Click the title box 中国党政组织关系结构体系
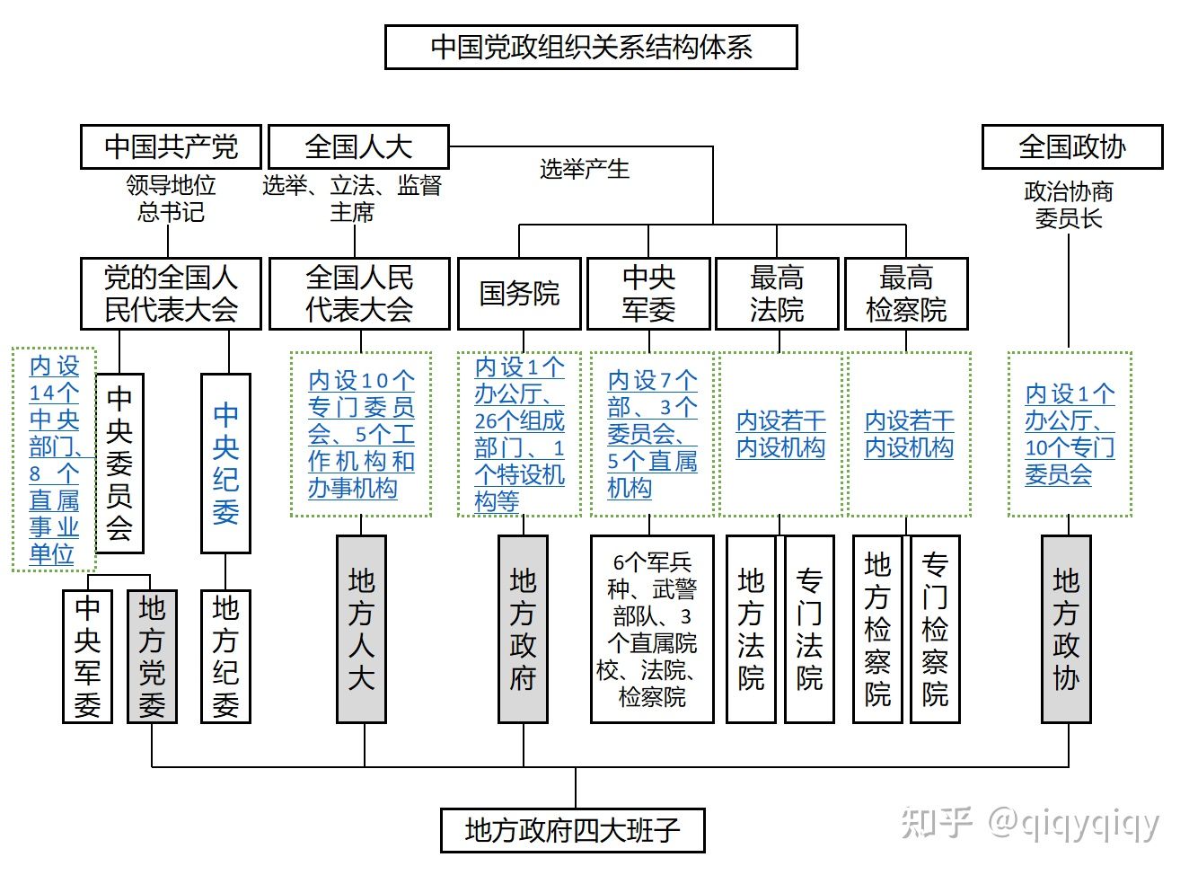point(591,47)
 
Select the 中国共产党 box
point(171,146)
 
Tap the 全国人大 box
point(358,146)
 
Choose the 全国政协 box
point(1071,146)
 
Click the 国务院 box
point(519,294)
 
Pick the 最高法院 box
point(777,294)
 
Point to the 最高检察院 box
point(906,294)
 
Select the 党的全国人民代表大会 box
point(171,294)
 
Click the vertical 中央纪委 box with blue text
point(225,463)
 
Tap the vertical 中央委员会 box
point(119,463)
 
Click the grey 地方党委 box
point(152,656)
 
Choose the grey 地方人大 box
point(361,629)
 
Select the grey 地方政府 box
point(523,629)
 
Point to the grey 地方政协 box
point(1066,629)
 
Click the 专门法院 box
point(809,629)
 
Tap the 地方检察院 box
point(877,629)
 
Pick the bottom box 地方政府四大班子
point(572,830)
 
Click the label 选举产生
point(585,169)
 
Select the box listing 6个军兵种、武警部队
point(652,629)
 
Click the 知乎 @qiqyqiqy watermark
point(1030,823)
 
